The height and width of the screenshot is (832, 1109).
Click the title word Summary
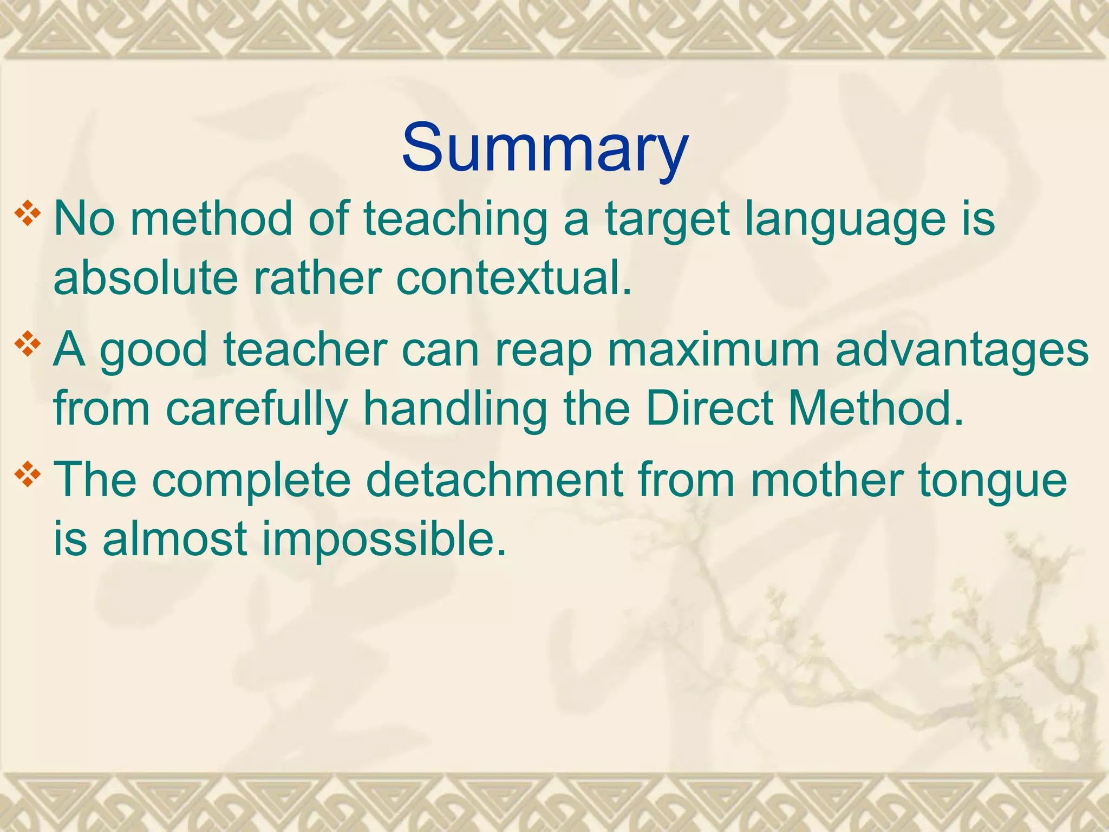click(x=545, y=148)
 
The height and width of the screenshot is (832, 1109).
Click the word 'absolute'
click(x=146, y=278)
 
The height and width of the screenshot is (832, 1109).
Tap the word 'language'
click(x=845, y=219)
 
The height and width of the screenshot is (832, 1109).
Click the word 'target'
click(x=666, y=219)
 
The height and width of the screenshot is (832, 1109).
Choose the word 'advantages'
click(x=962, y=351)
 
